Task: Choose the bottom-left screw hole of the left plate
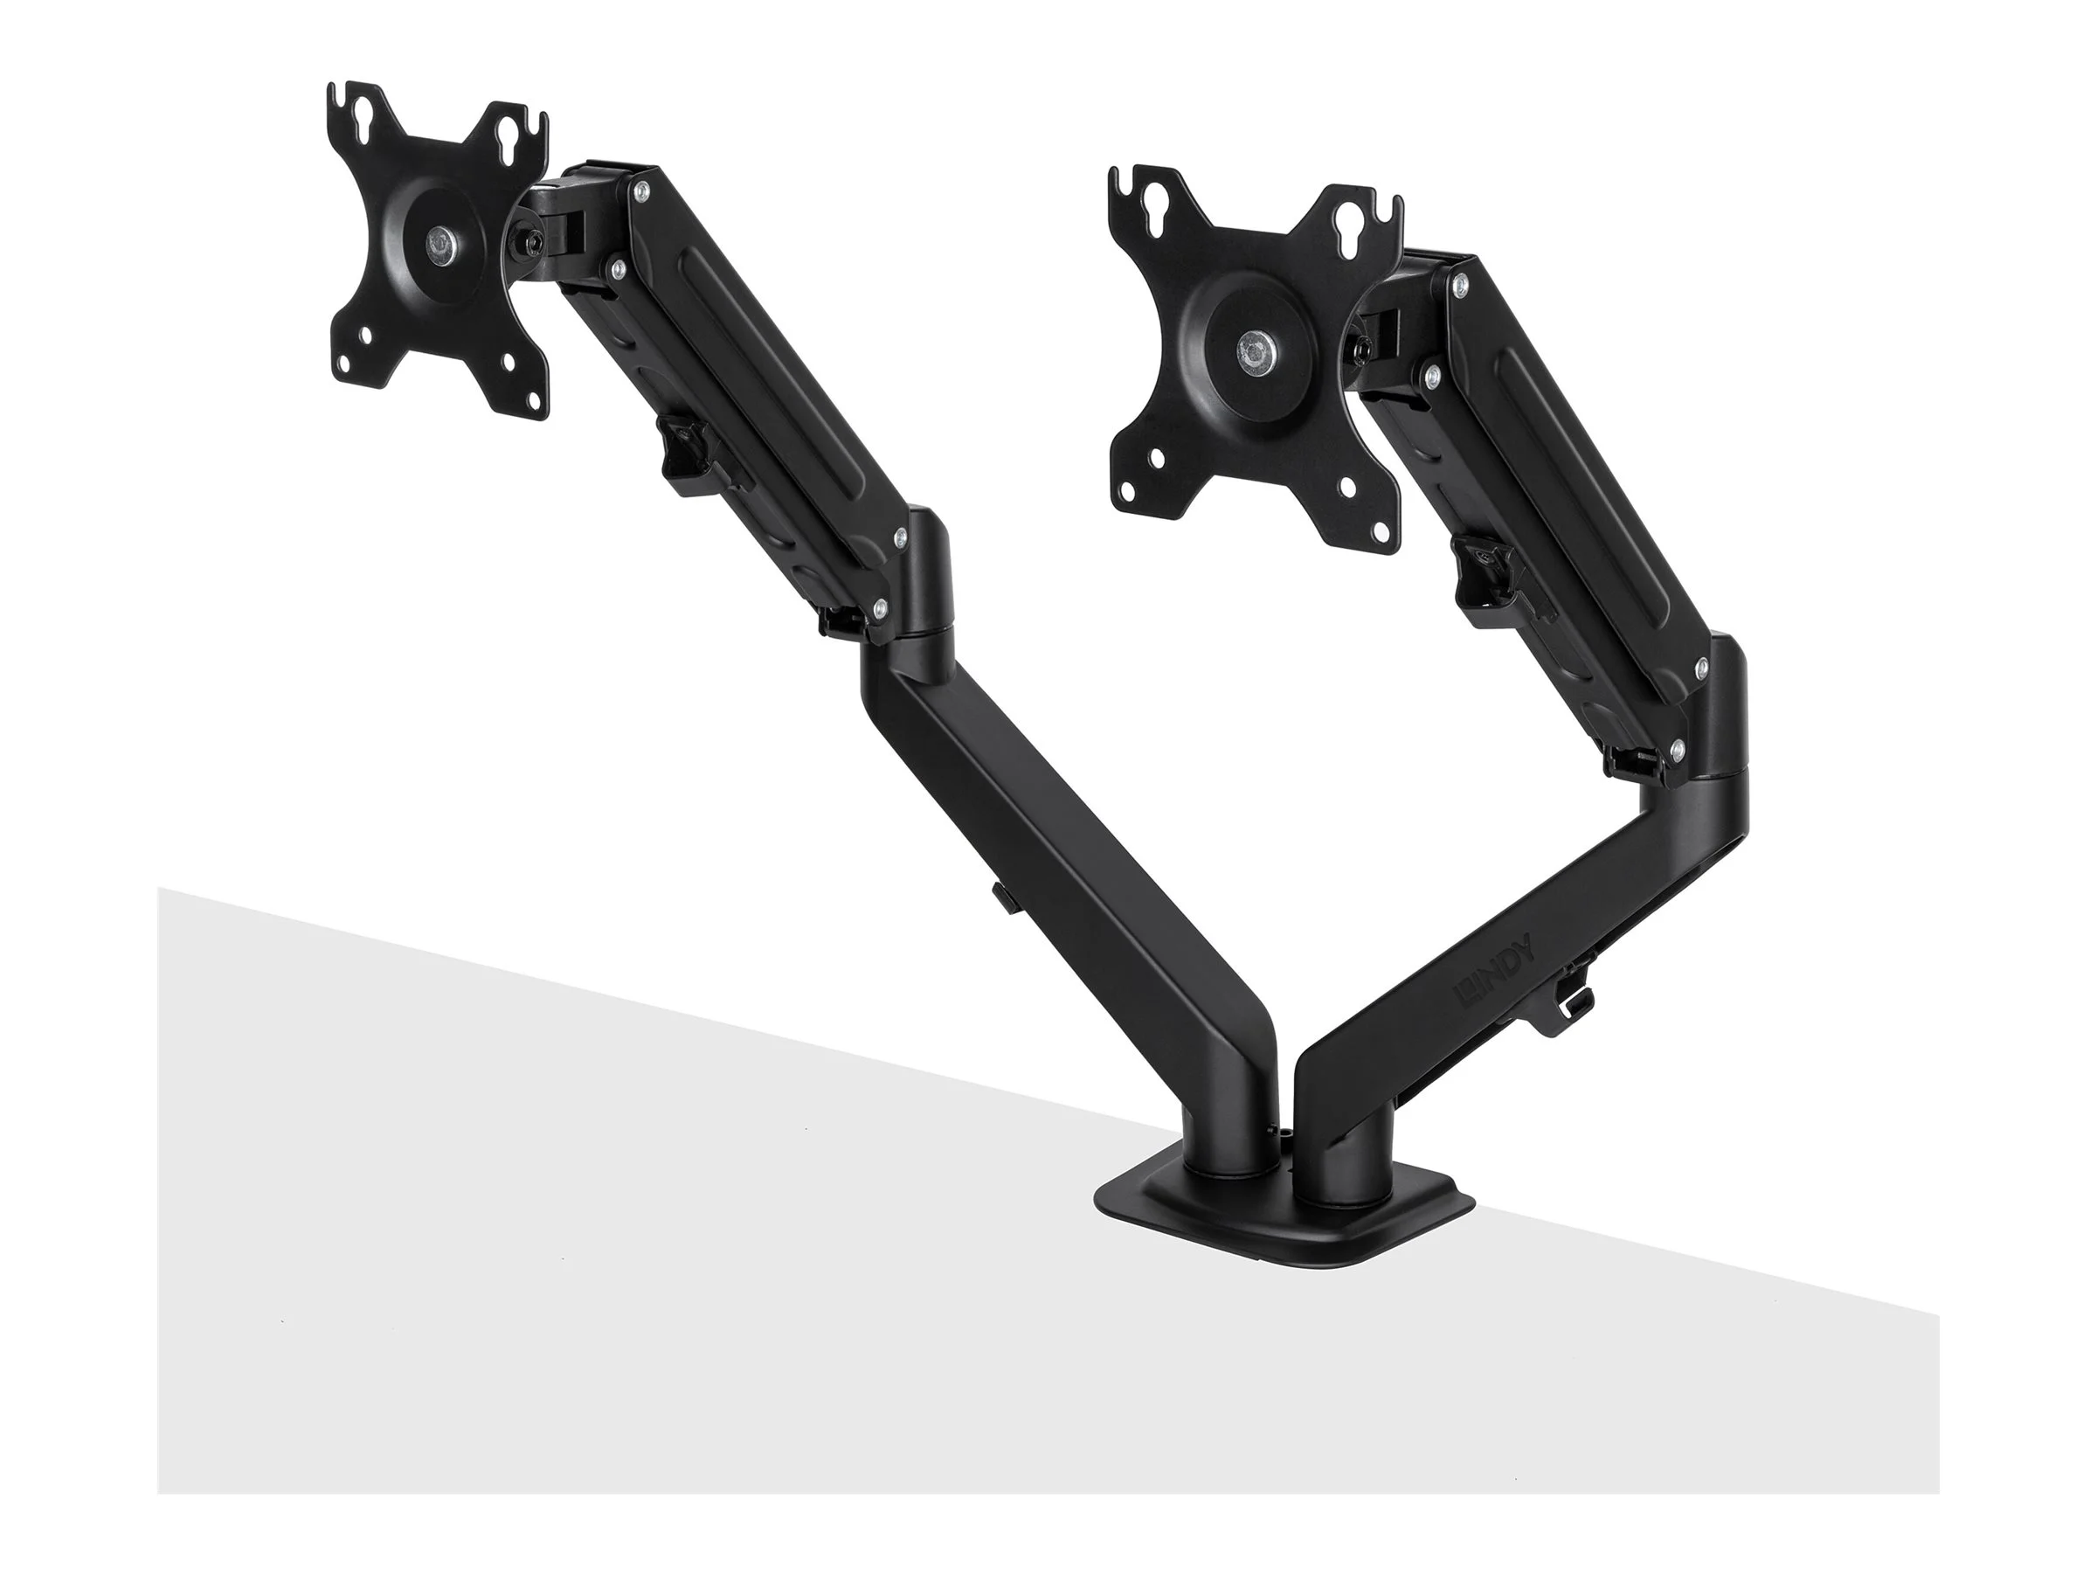coord(365,361)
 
